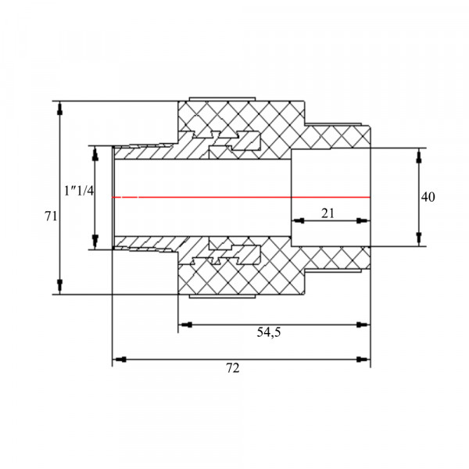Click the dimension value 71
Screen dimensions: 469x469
(x=51, y=216)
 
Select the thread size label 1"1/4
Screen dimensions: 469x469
(x=79, y=191)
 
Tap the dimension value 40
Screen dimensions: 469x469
(x=428, y=197)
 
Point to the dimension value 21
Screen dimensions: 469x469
(x=328, y=213)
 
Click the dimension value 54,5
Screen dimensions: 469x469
(x=269, y=332)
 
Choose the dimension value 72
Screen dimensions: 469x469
(x=233, y=368)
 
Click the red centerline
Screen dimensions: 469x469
(x=241, y=197)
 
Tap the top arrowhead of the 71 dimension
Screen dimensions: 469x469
(x=60, y=109)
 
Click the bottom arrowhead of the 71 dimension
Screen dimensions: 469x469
(x=60, y=285)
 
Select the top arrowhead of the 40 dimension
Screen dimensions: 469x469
(x=419, y=156)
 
